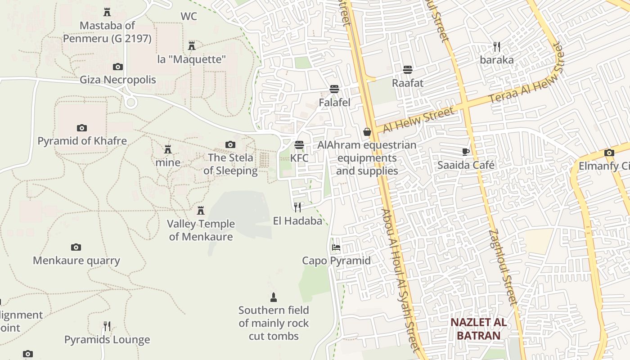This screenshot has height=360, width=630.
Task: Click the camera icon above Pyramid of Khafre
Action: (x=82, y=128)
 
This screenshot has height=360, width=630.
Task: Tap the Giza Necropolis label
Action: (x=118, y=80)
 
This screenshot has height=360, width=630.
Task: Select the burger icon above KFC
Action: (x=299, y=145)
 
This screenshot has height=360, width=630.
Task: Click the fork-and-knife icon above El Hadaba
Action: (x=297, y=207)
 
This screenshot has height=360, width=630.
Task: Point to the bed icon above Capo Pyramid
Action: (x=336, y=247)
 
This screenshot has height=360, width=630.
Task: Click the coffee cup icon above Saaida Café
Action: (x=466, y=152)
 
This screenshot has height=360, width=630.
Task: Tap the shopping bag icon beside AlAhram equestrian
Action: (x=367, y=132)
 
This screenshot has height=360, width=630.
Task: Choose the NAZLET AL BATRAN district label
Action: (x=478, y=329)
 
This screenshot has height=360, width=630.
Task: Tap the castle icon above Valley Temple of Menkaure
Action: (x=201, y=210)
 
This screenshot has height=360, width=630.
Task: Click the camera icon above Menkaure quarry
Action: (x=76, y=247)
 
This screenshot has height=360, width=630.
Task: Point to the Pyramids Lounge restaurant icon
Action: (x=107, y=326)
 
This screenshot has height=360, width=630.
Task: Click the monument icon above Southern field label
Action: (x=274, y=297)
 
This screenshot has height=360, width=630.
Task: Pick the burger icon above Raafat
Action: (x=408, y=70)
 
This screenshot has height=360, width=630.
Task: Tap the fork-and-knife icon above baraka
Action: (x=497, y=46)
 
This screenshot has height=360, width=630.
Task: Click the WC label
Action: (x=189, y=17)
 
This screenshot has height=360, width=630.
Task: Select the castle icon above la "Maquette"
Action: (x=192, y=45)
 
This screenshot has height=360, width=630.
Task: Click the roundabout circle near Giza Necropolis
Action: (x=131, y=102)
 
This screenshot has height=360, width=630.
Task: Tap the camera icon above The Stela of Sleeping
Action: (x=230, y=144)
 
